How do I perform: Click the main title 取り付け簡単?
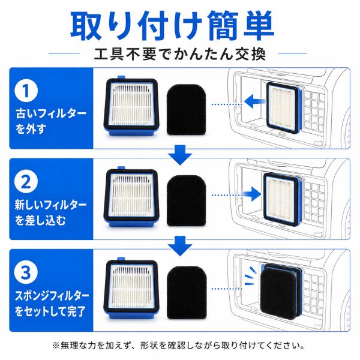(172, 25)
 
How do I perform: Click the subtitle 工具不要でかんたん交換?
(180, 54)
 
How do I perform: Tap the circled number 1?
(26, 91)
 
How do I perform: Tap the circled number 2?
(26, 182)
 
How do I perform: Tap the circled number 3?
(26, 272)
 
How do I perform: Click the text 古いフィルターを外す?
(51, 121)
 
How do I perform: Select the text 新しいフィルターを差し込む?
(51, 212)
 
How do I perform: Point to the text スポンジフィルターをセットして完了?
(52, 303)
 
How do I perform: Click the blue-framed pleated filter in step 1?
(131, 106)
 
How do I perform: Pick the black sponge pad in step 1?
(186, 110)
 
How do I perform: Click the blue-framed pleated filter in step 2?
(131, 197)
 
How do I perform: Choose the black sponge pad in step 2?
(186, 200)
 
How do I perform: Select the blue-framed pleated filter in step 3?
(131, 288)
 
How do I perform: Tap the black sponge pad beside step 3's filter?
(187, 292)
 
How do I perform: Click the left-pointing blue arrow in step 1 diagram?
(254, 101)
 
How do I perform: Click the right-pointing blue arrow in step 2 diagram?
(252, 194)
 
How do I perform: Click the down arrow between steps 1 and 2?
(180, 155)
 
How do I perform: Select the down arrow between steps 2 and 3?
(180, 246)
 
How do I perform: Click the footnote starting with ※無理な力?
(178, 345)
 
